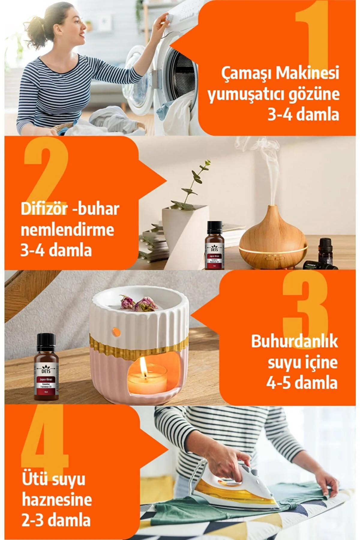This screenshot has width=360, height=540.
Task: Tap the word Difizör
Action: [44, 209]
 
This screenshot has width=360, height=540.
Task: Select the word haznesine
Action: [57, 500]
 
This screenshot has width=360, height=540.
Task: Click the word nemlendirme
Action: [67, 230]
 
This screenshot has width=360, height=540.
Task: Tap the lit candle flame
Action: [143, 365]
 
